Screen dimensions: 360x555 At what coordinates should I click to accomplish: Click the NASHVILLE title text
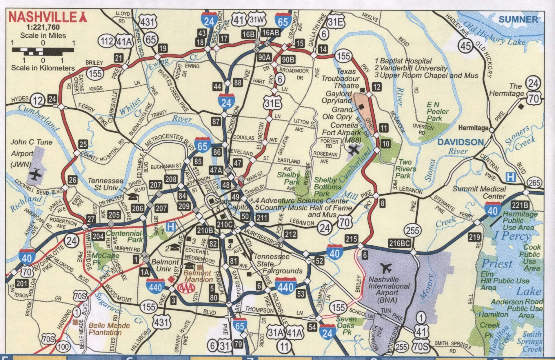[43, 17]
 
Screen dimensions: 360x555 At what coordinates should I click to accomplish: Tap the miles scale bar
[43, 51]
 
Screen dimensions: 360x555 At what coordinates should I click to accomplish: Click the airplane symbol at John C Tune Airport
[36, 175]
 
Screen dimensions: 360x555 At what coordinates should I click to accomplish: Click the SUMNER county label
[518, 20]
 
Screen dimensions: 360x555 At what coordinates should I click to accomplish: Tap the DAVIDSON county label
[461, 142]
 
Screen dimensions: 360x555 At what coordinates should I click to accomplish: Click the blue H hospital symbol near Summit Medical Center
[510, 177]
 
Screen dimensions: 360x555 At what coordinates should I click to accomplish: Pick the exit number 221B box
[520, 205]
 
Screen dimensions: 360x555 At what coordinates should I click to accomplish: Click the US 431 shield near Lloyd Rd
[148, 21]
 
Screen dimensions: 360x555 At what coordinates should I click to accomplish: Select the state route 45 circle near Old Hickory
[465, 46]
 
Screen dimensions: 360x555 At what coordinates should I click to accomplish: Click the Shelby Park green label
[288, 178]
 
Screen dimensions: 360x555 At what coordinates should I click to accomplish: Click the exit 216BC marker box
[399, 243]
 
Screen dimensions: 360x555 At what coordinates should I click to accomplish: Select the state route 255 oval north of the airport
[412, 231]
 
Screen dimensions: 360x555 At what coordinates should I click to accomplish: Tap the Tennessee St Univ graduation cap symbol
[133, 197]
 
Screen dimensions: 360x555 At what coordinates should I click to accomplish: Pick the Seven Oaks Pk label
[346, 326]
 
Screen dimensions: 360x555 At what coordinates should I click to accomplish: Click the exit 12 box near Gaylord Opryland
[376, 87]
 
